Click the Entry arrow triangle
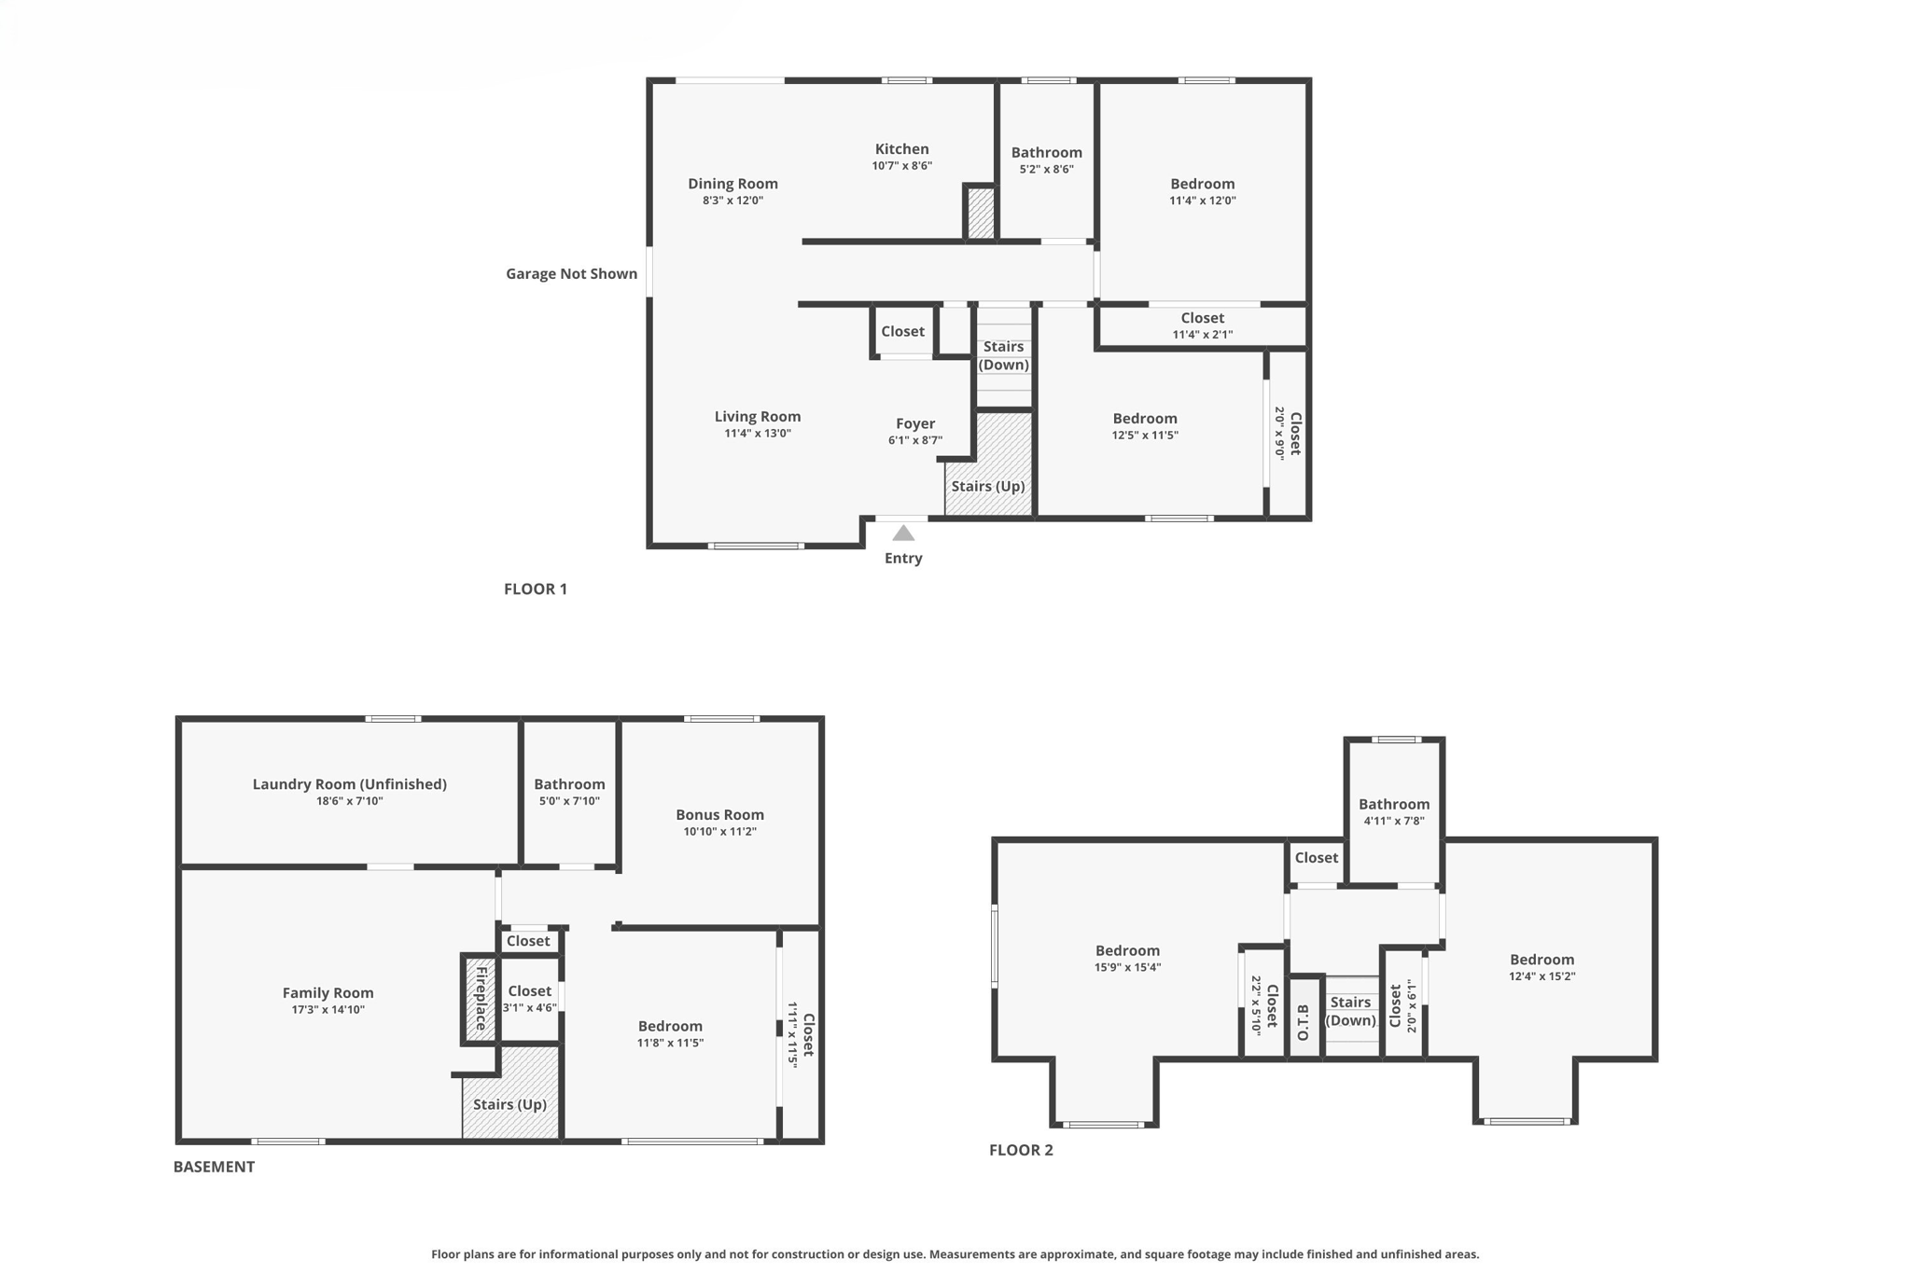(x=902, y=533)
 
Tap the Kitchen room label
(x=901, y=149)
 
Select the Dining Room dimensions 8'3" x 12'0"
(x=732, y=201)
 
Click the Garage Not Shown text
(x=571, y=273)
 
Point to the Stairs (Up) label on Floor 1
(x=987, y=486)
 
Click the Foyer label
(x=914, y=423)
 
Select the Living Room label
(x=757, y=417)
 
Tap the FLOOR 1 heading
(x=535, y=588)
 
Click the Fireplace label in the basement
(x=481, y=998)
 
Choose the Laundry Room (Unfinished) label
(x=349, y=784)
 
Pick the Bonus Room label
(x=719, y=815)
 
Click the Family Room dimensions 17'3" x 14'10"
(x=328, y=1010)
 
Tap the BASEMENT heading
(x=214, y=1167)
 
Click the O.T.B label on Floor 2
(x=1304, y=1022)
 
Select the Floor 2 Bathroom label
(x=1393, y=804)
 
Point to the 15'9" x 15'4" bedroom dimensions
(x=1127, y=968)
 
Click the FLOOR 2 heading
(x=1021, y=1150)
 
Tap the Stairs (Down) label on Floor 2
(x=1350, y=1011)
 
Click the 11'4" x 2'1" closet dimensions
(x=1202, y=335)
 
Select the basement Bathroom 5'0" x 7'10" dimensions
(x=568, y=801)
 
